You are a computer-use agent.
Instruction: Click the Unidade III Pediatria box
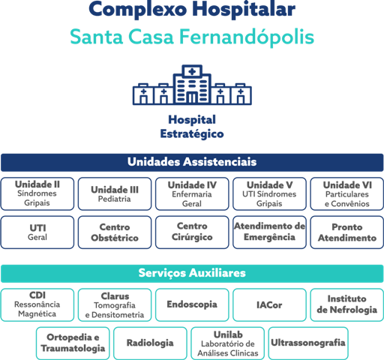[x=115, y=193]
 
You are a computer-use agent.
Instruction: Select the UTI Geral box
[x=37, y=232]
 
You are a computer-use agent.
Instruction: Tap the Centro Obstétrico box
[x=115, y=232]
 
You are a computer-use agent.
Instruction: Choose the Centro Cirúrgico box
[x=192, y=232]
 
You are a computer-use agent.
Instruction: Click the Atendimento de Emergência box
[x=269, y=232]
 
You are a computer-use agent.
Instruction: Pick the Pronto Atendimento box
[x=347, y=232]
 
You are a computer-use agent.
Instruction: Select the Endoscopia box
[x=192, y=304]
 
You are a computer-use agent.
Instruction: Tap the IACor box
[x=269, y=304]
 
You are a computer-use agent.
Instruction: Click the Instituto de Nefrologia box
[x=347, y=304]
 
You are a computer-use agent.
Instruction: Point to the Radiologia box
[x=150, y=343]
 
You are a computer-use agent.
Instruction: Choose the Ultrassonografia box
[x=308, y=343]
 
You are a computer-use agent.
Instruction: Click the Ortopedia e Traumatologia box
[x=73, y=343]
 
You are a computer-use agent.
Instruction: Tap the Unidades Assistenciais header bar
[x=192, y=163]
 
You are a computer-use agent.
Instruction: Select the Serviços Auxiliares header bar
[x=192, y=274]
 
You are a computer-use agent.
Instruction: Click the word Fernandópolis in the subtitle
[x=247, y=37]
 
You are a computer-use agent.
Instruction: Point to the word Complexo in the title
[x=138, y=10]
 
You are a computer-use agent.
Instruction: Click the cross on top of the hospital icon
[x=192, y=72]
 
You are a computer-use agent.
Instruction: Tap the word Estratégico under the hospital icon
[x=192, y=133]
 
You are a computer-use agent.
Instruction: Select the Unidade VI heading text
[x=347, y=185]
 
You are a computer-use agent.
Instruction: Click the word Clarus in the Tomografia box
[x=115, y=296]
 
